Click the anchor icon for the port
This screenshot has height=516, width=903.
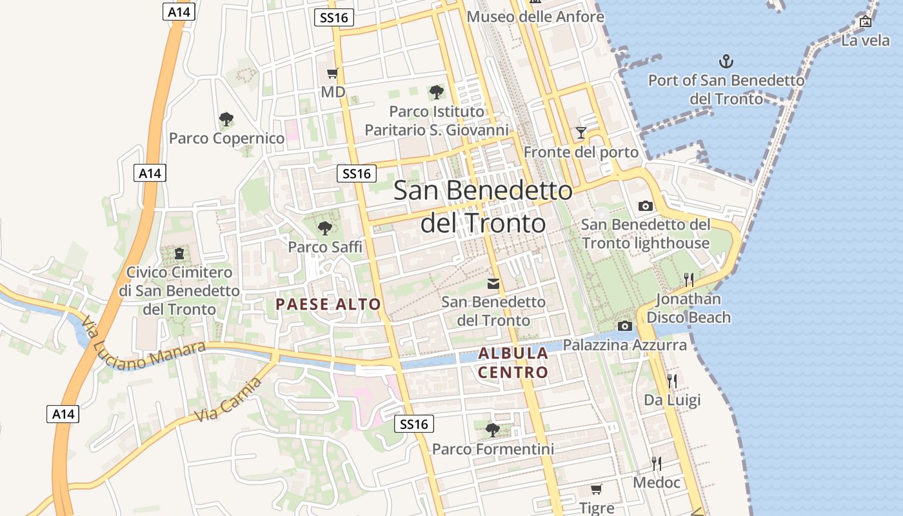pyautogui.click(x=726, y=62)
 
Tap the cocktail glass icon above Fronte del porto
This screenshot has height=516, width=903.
pyautogui.click(x=581, y=133)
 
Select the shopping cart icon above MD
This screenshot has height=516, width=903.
pyautogui.click(x=332, y=74)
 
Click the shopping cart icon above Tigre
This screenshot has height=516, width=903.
pyautogui.click(x=597, y=490)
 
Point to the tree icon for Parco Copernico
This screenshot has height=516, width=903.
pyautogui.click(x=226, y=119)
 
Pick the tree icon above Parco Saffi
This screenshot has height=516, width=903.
pyautogui.click(x=325, y=228)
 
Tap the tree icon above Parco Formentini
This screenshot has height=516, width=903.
pyautogui.click(x=493, y=430)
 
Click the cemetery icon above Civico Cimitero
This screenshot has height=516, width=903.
pyautogui.click(x=179, y=253)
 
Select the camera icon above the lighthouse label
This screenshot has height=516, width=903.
pyautogui.click(x=645, y=206)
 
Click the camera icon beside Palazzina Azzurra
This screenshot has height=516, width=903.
pyautogui.click(x=624, y=326)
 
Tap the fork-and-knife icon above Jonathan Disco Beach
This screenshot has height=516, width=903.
pyautogui.click(x=689, y=279)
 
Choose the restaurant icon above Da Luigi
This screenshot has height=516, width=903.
pyautogui.click(x=672, y=381)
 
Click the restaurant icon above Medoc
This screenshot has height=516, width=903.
pyautogui.click(x=657, y=463)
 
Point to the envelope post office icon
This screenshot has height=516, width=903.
pyautogui.click(x=493, y=284)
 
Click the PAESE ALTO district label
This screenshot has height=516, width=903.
pyautogui.click(x=328, y=304)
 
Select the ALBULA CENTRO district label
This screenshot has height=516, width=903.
pyautogui.click(x=513, y=362)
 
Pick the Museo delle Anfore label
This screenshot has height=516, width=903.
pyautogui.click(x=535, y=16)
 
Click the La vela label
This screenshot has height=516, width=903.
pyautogui.click(x=866, y=41)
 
